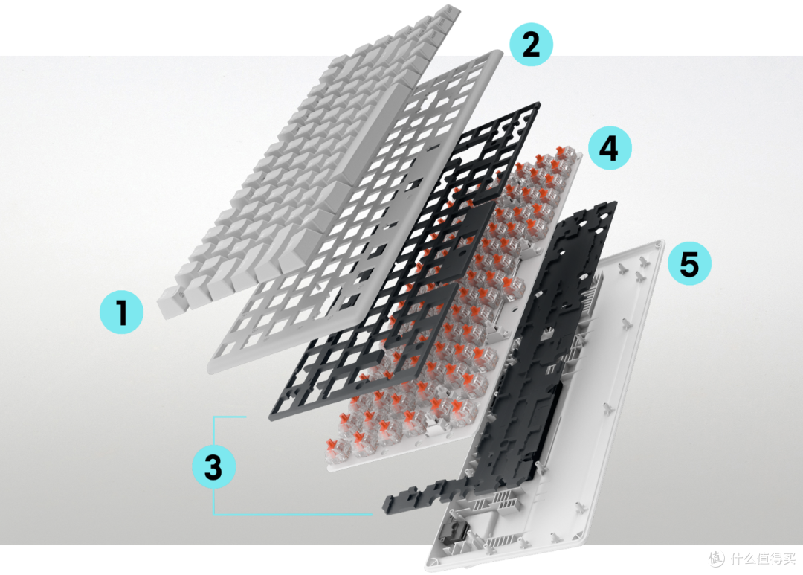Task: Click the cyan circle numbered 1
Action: [x=121, y=312]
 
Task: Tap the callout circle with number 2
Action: [x=531, y=45]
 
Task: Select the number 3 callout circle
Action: [x=213, y=466]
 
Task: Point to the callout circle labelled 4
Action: [x=610, y=148]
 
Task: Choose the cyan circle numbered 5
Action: [x=689, y=263]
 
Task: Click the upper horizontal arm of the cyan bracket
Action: [x=230, y=417]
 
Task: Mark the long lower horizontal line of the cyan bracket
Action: [x=292, y=513]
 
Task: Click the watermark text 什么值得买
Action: [x=763, y=558]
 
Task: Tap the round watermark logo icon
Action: [x=717, y=558]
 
